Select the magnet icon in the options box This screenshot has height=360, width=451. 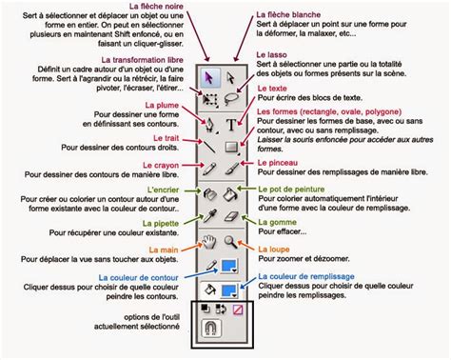[x=209, y=330]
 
